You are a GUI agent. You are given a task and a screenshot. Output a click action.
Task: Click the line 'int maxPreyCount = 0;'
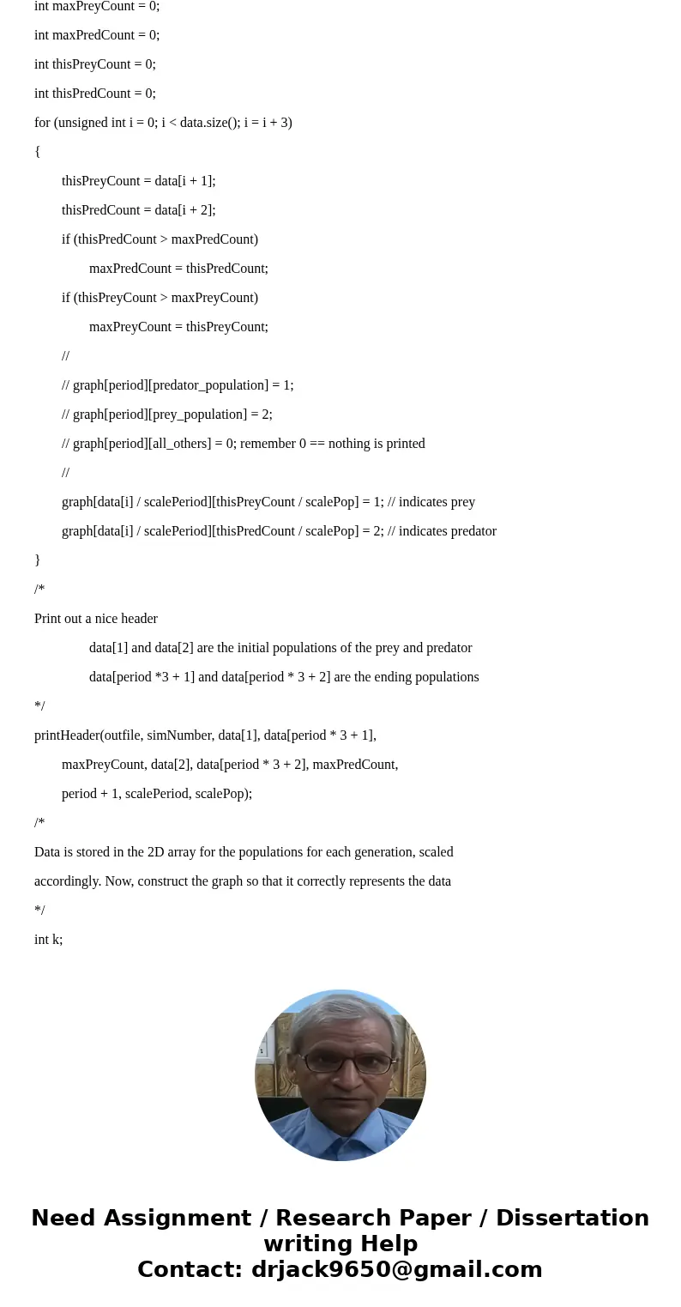point(97,7)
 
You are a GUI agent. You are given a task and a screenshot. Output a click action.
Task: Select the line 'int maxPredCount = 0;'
point(97,35)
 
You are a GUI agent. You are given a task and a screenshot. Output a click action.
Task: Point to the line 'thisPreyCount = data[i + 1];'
point(138,181)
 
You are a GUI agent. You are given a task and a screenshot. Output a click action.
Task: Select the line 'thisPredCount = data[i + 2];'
point(138,210)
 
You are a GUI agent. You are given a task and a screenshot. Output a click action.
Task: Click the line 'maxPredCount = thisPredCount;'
point(178,269)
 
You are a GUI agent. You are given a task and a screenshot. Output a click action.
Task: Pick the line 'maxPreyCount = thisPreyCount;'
point(178,327)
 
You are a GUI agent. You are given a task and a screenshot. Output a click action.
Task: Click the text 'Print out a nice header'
point(96,619)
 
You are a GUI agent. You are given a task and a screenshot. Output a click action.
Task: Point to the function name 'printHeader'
point(67,735)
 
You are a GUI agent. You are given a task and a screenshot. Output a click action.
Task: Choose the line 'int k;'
point(49,940)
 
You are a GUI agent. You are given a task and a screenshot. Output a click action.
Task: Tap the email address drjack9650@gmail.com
point(396,1269)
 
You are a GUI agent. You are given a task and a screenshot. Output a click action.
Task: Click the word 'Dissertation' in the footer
point(572,1218)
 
